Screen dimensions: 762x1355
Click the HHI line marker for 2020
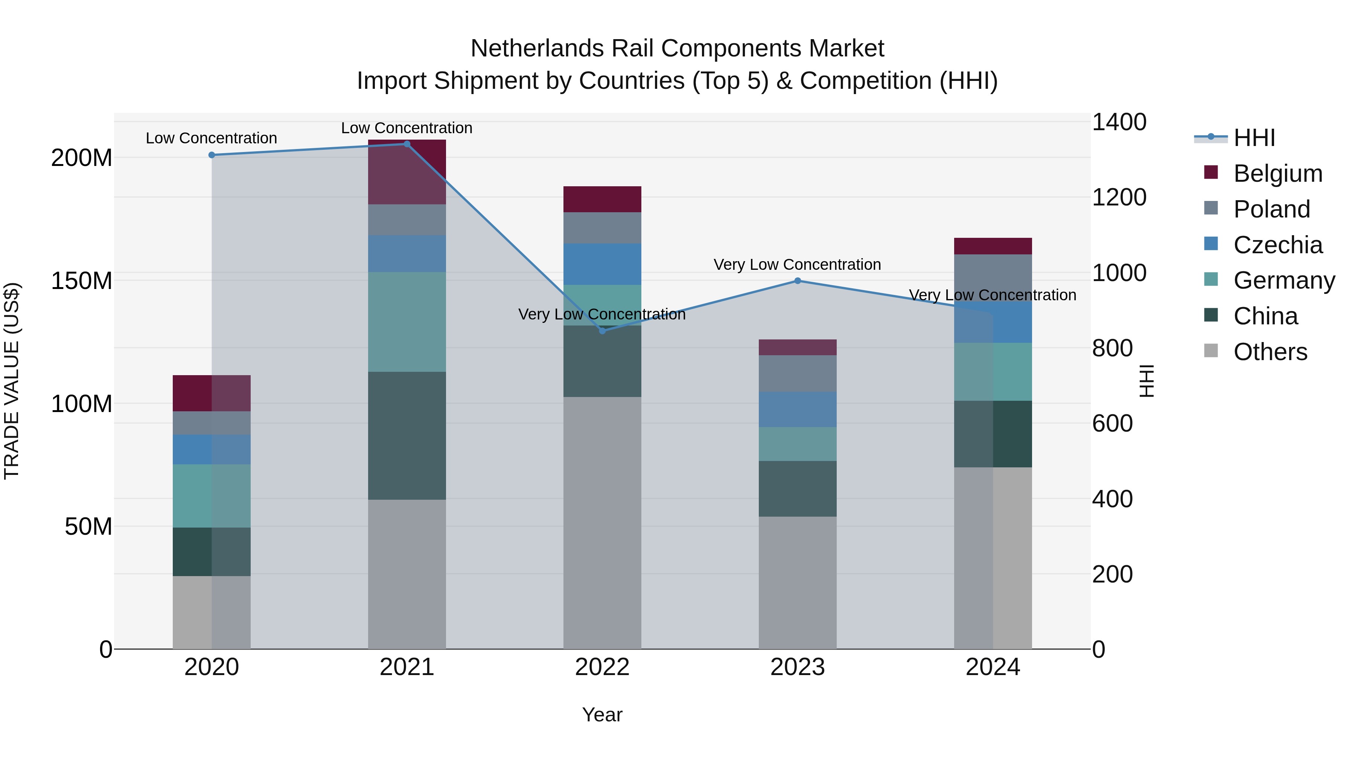pyautogui.click(x=212, y=155)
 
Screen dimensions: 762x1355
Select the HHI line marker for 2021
pyautogui.click(x=406, y=144)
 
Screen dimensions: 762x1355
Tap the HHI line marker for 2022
pyautogui.click(x=602, y=331)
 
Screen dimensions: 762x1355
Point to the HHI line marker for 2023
pyautogui.click(x=798, y=281)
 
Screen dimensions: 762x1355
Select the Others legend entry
pyautogui.click(x=1270, y=352)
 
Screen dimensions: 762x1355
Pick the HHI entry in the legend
pyautogui.click(x=1254, y=138)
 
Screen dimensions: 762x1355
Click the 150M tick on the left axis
pyautogui.click(x=82, y=281)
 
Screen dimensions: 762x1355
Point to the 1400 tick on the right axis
pyautogui.click(x=1119, y=122)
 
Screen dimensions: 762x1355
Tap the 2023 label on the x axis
pyautogui.click(x=798, y=667)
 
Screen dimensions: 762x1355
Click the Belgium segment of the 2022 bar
pyautogui.click(x=602, y=199)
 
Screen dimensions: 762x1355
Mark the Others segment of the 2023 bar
pyautogui.click(x=798, y=583)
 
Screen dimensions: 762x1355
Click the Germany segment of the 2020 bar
pyautogui.click(x=212, y=496)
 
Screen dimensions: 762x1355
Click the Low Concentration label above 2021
pyautogui.click(x=406, y=128)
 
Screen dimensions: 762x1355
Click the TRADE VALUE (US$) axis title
pyautogui.click(x=12, y=381)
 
